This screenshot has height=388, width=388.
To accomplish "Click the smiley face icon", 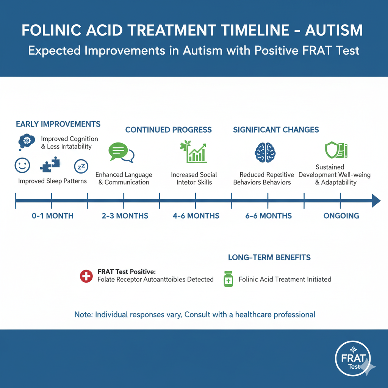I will click(x=22, y=165).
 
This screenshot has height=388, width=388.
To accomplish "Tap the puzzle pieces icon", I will click(x=50, y=165).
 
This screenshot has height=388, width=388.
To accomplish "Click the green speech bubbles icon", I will click(x=121, y=153).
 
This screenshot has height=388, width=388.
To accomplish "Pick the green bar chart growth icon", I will click(x=193, y=152).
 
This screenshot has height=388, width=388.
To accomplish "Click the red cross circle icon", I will click(x=86, y=276).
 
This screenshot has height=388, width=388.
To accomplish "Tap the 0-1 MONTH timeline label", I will click(x=53, y=216).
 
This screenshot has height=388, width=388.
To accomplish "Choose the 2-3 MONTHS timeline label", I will click(x=125, y=216).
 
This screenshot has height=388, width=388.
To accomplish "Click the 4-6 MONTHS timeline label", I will click(x=196, y=216).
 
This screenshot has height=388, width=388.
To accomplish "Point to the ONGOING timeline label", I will click(x=341, y=216).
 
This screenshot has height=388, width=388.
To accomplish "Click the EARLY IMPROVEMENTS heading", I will click(x=58, y=124).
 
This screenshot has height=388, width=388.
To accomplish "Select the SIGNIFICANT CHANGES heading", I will click(x=276, y=130).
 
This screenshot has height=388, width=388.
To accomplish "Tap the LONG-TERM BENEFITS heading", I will click(x=269, y=258).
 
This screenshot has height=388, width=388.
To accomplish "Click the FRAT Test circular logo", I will click(x=353, y=358).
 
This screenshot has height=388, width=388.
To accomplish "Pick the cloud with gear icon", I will click(x=27, y=141).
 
